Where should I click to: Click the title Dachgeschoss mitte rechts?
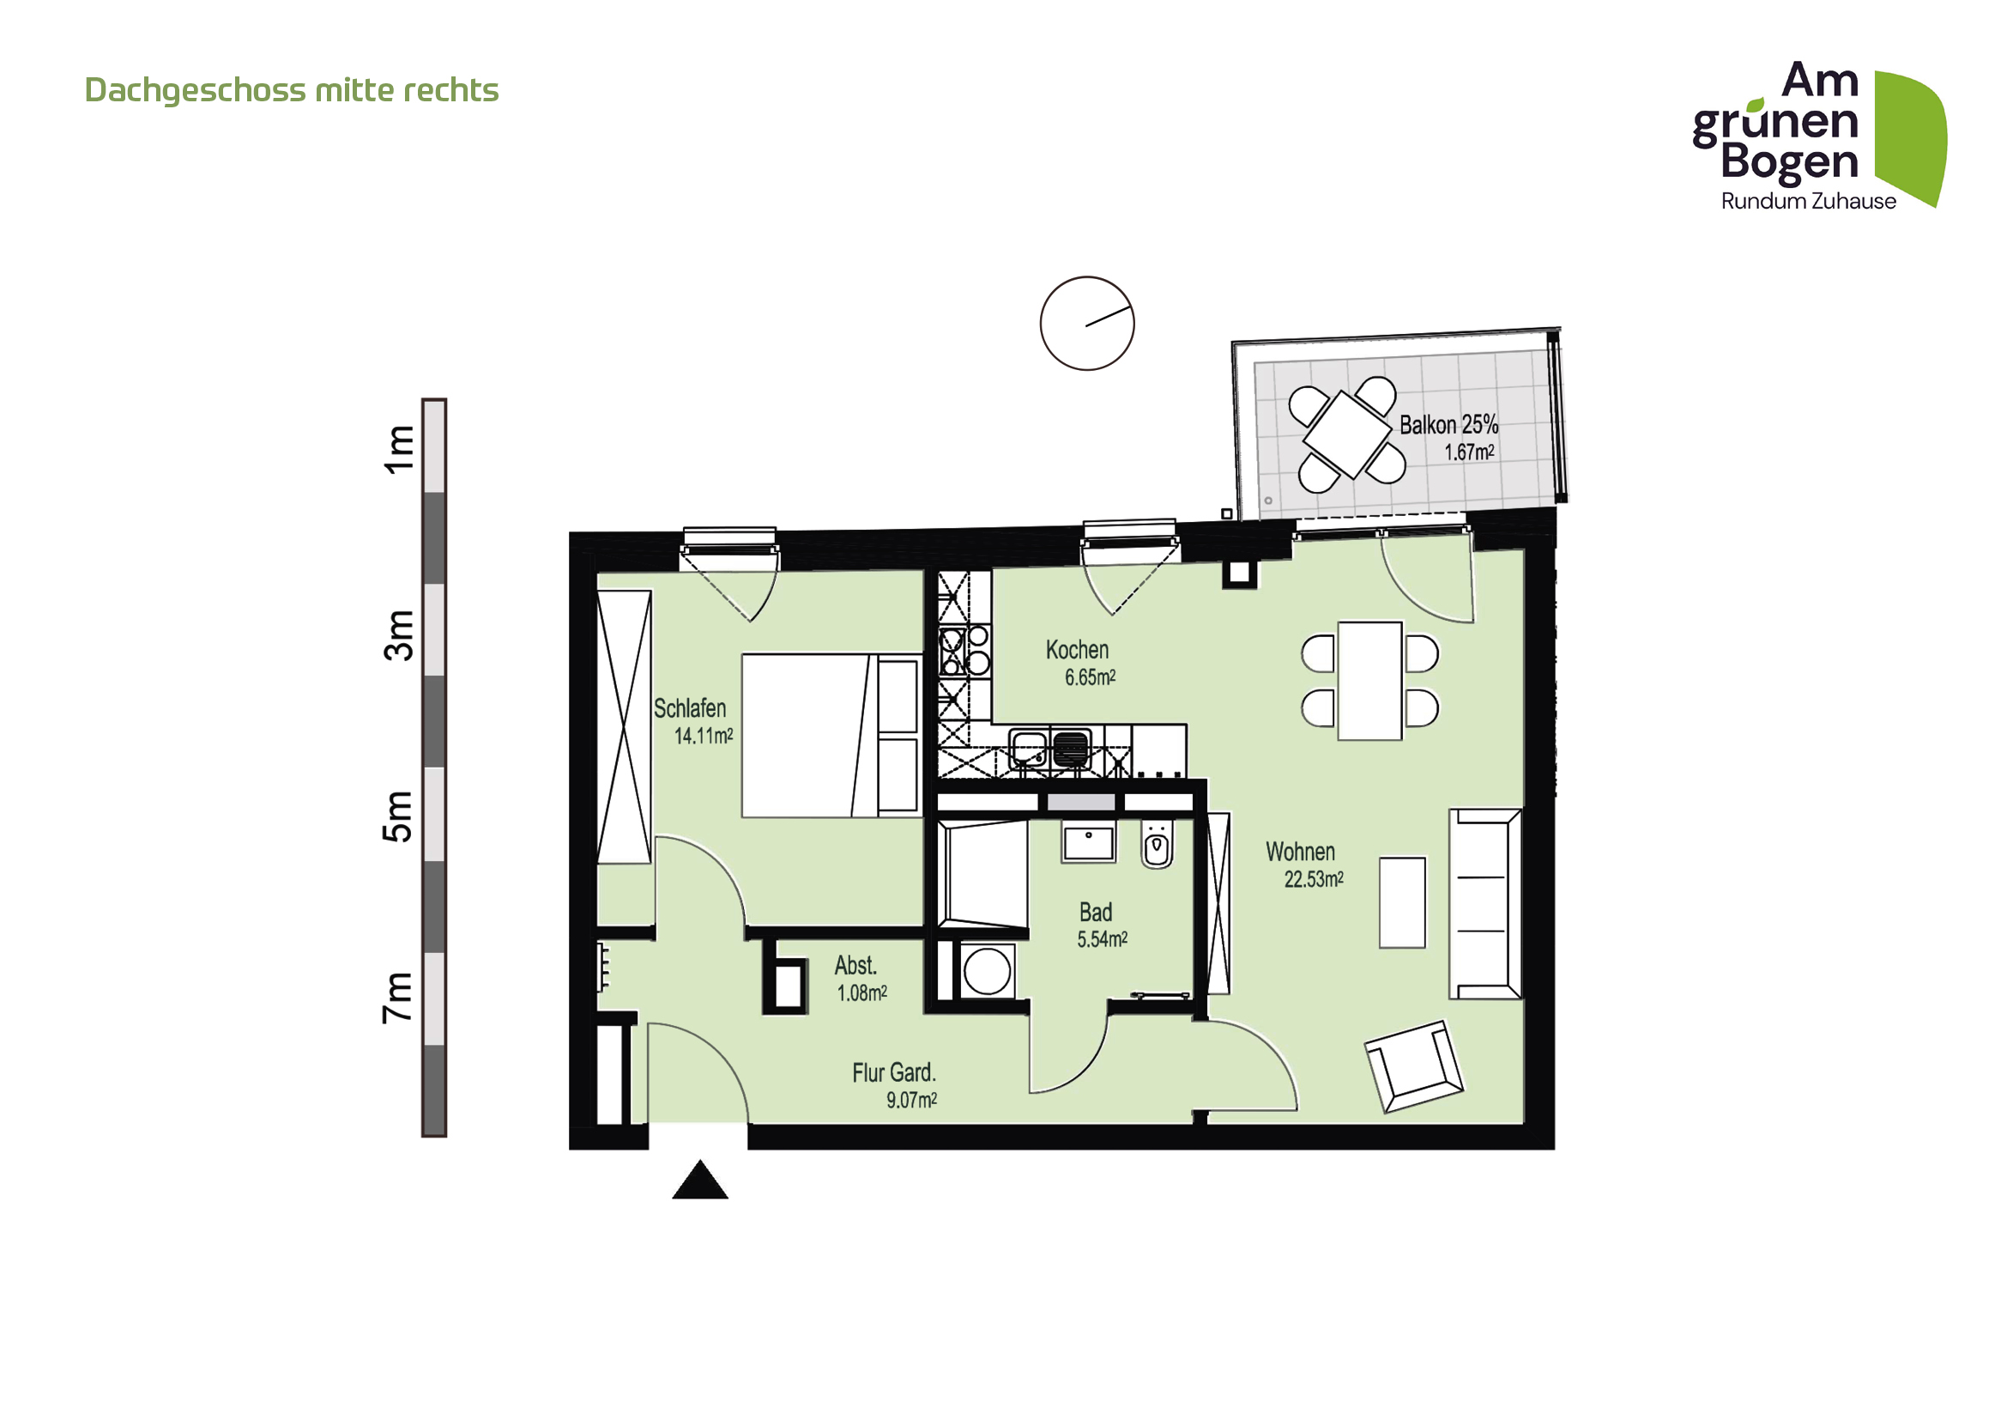[x=291, y=90]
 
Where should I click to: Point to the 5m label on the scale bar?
[x=399, y=816]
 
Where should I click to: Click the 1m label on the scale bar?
[x=400, y=448]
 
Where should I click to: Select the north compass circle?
[x=1086, y=324]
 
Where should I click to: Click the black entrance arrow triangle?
[x=699, y=1180]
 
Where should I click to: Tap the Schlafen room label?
[x=690, y=708]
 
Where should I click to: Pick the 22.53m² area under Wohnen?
[x=1313, y=880]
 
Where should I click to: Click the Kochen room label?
[x=1077, y=650]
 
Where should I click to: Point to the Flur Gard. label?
[x=893, y=1073]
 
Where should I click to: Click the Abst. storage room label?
[x=855, y=965]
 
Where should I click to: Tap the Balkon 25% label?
[x=1448, y=425]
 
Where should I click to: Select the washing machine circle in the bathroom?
[x=987, y=972]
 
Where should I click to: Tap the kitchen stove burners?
[x=964, y=652]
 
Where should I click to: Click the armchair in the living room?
[x=1413, y=1066]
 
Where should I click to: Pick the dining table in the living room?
[x=1369, y=680]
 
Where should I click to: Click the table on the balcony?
[x=1347, y=434]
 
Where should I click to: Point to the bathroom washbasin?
[x=1088, y=842]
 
